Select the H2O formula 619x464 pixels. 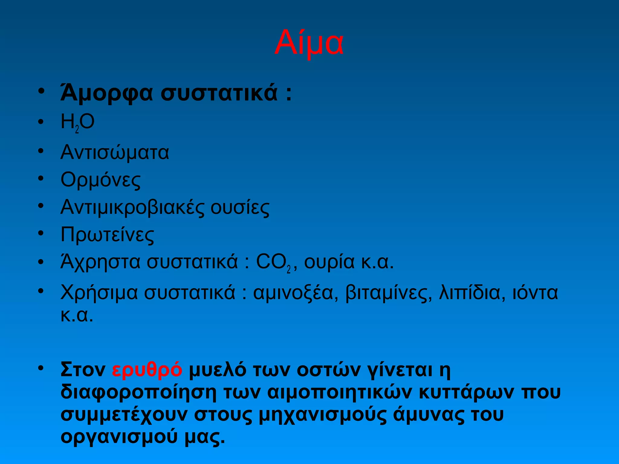coord(78,122)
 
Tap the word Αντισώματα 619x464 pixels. coord(115,152)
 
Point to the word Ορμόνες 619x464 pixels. coord(101,180)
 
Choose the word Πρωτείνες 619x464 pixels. coord(107,235)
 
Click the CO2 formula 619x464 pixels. coord(273,262)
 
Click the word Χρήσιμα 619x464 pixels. coord(99,292)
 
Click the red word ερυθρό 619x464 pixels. coord(147,370)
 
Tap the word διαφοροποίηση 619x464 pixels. coord(139,392)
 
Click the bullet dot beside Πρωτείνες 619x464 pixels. coord(41,233)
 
